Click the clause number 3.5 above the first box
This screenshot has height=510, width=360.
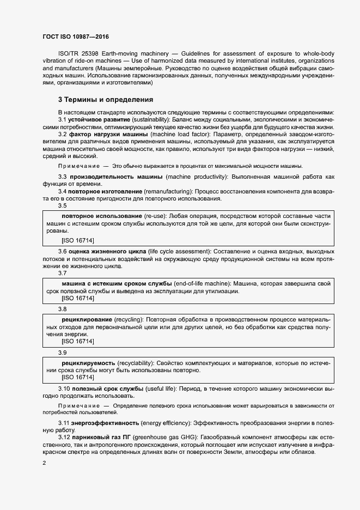(62, 206)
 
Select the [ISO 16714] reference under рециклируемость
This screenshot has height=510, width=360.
(78, 377)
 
